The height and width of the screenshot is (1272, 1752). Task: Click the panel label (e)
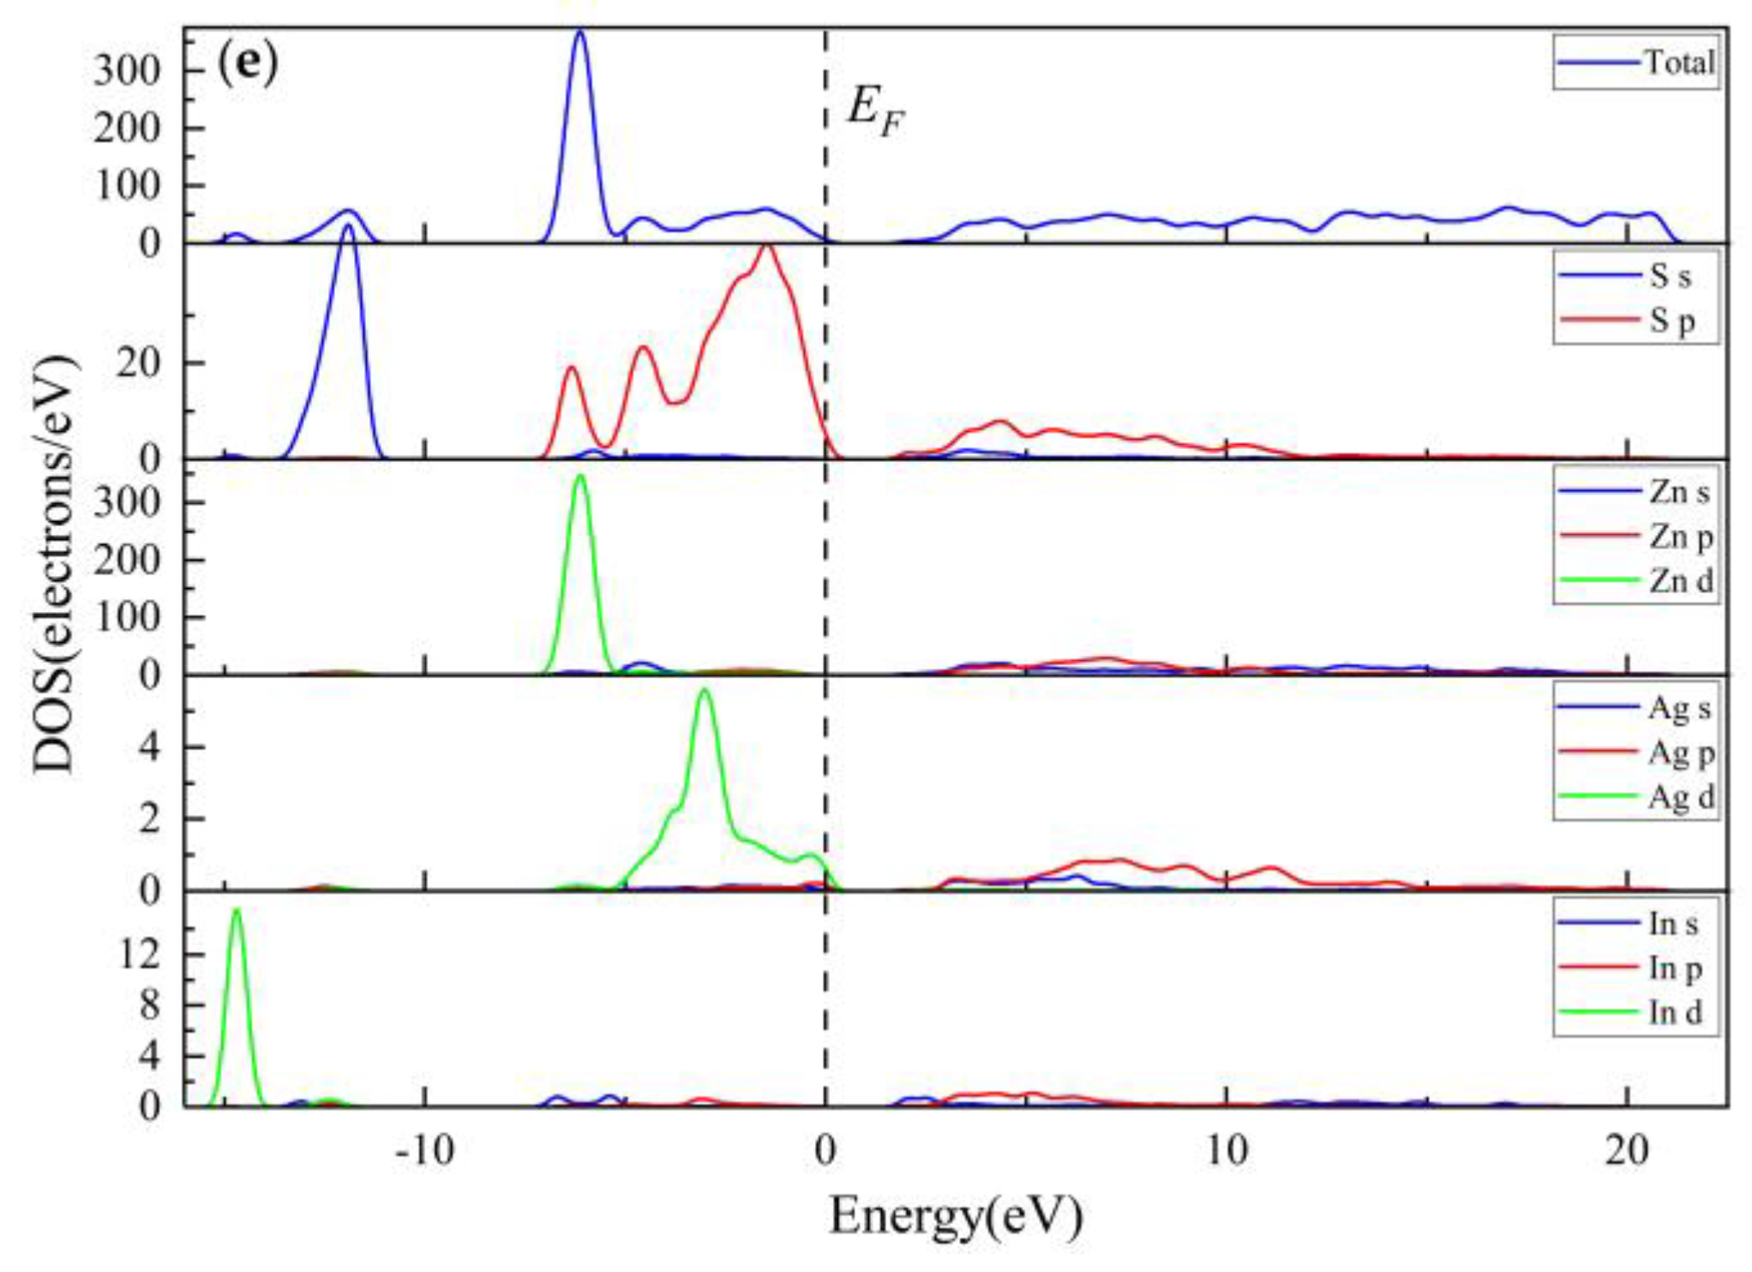point(248,63)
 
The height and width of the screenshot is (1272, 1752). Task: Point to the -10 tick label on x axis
point(423,1150)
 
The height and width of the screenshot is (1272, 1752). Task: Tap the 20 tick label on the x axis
point(1626,1150)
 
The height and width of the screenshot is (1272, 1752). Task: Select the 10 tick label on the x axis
point(1226,1150)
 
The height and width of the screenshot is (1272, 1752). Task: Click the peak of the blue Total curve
point(580,33)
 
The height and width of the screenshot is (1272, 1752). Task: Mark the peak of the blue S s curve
point(348,226)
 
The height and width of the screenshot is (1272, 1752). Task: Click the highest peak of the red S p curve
point(766,246)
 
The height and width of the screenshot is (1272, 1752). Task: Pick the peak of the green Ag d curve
point(705,690)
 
